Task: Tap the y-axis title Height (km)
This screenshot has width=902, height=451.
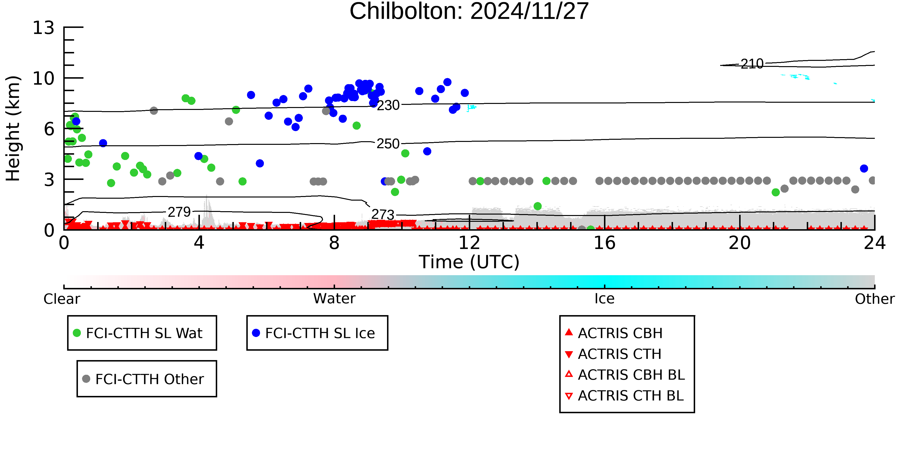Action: pos(13,128)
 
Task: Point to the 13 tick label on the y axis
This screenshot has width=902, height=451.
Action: pos(44,28)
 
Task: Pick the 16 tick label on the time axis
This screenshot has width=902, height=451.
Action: pos(604,243)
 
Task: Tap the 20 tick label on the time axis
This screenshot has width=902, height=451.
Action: pos(740,243)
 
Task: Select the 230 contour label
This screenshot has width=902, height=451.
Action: pos(388,105)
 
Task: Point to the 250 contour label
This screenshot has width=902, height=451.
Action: pos(388,144)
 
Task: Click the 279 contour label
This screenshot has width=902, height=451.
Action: pos(179,212)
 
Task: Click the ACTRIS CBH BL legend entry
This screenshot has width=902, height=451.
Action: pos(631,375)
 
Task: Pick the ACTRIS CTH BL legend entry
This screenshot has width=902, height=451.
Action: pos(630,396)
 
